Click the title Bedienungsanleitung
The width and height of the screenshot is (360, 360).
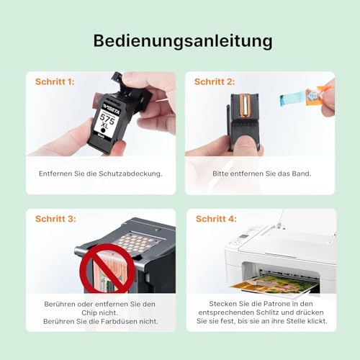tap(183, 42)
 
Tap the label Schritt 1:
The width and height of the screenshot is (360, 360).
tap(55, 82)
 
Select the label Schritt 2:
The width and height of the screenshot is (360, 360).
tap(215, 82)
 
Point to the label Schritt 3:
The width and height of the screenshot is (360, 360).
tap(55, 219)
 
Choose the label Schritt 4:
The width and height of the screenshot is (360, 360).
tap(216, 219)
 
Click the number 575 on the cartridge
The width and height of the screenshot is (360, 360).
tap(107, 117)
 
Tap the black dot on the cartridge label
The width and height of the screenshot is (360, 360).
tap(104, 130)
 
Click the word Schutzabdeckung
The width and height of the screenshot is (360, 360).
tap(130, 174)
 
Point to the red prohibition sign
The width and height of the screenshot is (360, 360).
tap(107, 269)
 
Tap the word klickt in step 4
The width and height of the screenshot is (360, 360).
tap(318, 321)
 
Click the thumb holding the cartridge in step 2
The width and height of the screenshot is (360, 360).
tap(246, 143)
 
